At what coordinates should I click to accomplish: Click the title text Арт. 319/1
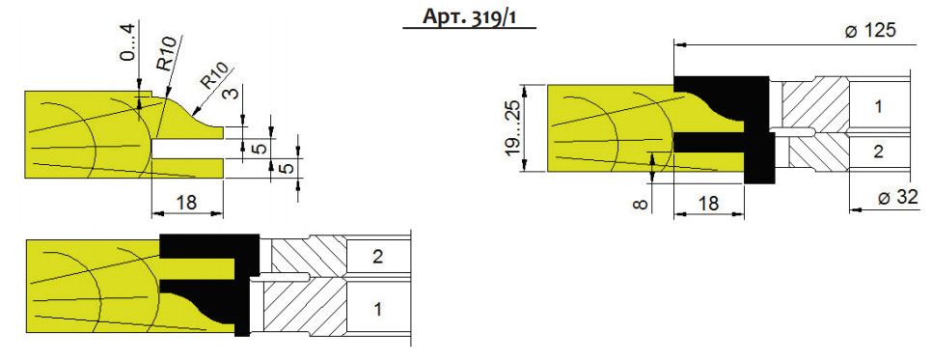tap(469, 16)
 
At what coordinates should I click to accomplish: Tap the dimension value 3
tap(233, 94)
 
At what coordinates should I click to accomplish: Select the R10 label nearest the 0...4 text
tap(166, 54)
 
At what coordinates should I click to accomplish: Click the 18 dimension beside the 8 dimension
tap(707, 204)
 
